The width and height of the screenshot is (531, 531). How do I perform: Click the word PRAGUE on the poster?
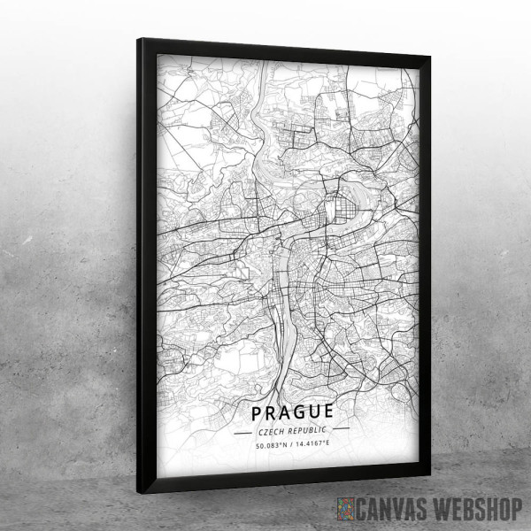(292, 412)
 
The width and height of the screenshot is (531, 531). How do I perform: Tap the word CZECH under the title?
(271, 429)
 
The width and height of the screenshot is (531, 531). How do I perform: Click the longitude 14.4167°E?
(311, 443)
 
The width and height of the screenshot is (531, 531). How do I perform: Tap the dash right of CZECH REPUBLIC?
(341, 431)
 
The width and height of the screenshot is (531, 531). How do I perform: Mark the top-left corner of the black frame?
(139, 39)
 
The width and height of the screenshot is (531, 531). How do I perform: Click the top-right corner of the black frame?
(430, 56)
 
